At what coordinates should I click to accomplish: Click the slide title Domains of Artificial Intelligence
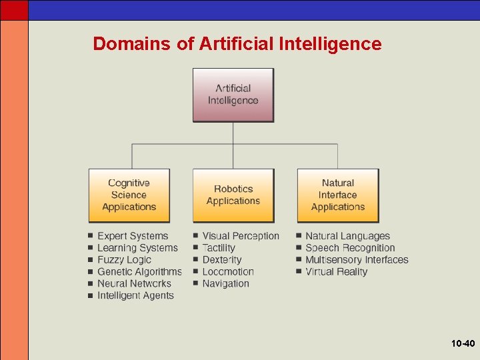point(237,44)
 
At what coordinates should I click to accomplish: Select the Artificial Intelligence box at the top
point(233,95)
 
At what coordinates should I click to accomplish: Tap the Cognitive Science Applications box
point(129,195)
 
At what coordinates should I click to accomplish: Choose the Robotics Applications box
point(233,195)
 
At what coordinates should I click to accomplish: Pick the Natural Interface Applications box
point(337,195)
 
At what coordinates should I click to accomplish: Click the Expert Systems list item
point(133,236)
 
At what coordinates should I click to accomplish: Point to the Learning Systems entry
point(137,248)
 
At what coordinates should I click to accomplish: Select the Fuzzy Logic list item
point(124,260)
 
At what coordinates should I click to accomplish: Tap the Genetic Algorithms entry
point(139,272)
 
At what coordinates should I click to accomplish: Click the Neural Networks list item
point(134,284)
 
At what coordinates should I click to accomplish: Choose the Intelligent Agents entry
point(135,296)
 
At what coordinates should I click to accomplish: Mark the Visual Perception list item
point(241,236)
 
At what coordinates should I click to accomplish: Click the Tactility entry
point(219,248)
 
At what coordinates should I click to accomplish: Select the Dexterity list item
point(222,260)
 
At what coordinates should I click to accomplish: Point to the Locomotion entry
point(228,272)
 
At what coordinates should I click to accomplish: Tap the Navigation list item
point(225,284)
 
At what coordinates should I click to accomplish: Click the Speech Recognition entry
point(350,248)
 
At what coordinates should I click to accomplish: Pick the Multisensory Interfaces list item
point(357,260)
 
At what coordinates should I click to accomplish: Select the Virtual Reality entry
point(336,272)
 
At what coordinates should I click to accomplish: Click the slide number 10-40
point(463,344)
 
